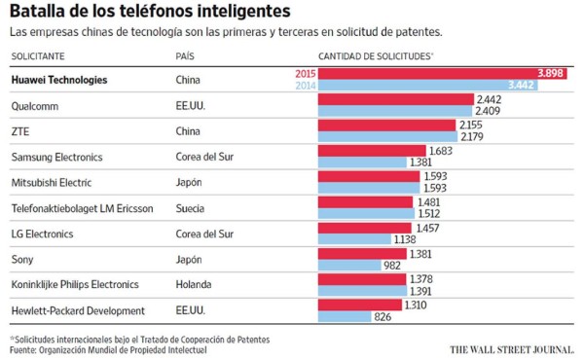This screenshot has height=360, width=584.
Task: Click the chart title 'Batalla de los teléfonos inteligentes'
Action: pyautogui.click(x=149, y=13)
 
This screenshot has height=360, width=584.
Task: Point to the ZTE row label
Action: pyautogui.click(x=18, y=130)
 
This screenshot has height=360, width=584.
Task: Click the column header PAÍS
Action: pyautogui.click(x=188, y=56)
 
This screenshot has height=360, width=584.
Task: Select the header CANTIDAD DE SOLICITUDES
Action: pyautogui.click(x=375, y=56)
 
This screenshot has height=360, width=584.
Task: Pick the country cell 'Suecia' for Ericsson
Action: pyautogui.click(x=191, y=207)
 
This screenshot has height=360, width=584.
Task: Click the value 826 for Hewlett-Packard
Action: pyautogui.click(x=383, y=318)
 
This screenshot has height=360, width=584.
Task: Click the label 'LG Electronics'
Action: pyautogui.click(x=42, y=234)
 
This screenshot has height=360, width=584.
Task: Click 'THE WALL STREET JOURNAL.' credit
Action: pyautogui.click(x=513, y=347)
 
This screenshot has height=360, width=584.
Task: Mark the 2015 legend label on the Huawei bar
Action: pyautogui.click(x=304, y=74)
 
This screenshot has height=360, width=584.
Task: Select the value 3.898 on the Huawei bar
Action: pyautogui.click(x=552, y=74)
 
